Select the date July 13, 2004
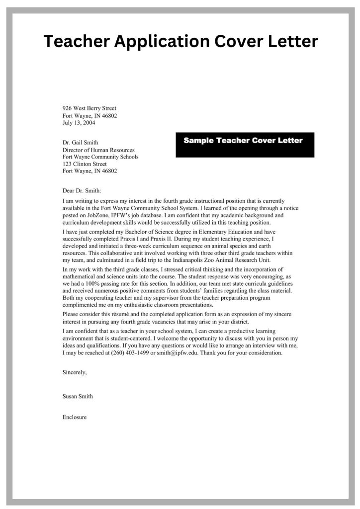(79, 122)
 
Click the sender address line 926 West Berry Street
(90, 108)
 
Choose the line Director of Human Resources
(98, 150)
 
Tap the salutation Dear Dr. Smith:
(82, 190)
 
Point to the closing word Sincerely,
(75, 372)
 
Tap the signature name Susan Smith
(78, 396)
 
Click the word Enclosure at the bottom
(75, 417)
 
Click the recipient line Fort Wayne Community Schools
(100, 157)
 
